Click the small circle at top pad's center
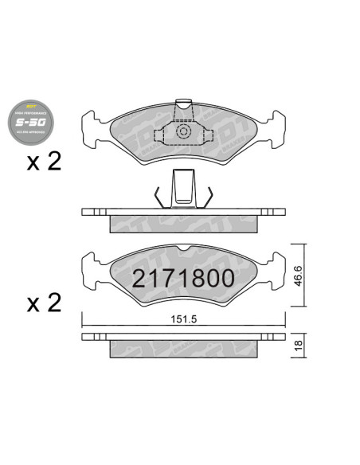point(183,131)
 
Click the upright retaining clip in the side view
point(183,190)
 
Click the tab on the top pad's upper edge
point(183,104)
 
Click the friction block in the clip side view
point(183,224)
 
